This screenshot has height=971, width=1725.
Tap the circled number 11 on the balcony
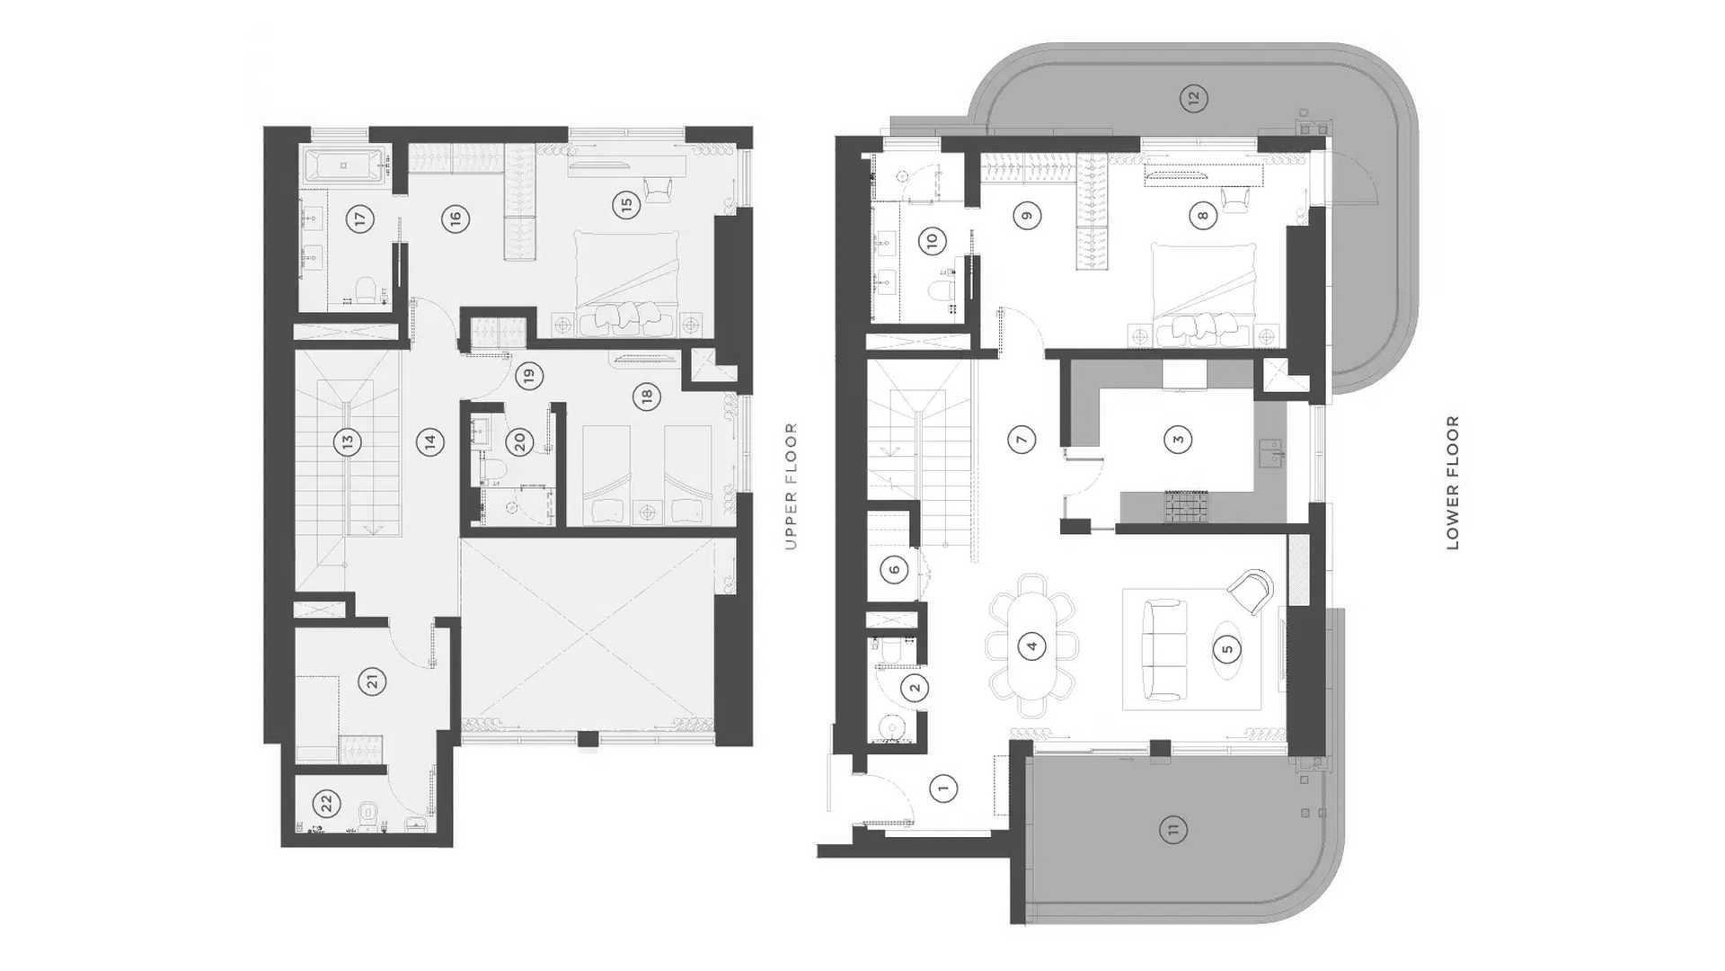click(1172, 829)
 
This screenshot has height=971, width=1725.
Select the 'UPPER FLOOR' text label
click(791, 486)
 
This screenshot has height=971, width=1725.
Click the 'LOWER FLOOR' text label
click(1453, 483)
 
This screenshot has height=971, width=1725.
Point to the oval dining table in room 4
click(1031, 646)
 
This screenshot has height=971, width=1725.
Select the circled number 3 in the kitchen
click(1178, 440)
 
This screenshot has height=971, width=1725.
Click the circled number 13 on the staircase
click(346, 442)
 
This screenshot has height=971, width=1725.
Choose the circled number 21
click(373, 681)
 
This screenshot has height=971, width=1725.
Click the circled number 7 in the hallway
click(1022, 440)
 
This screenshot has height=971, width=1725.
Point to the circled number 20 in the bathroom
click(518, 442)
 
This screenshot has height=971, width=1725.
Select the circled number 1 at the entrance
click(942, 788)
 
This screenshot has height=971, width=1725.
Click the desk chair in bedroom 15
click(657, 190)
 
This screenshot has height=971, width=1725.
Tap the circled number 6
click(894, 569)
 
